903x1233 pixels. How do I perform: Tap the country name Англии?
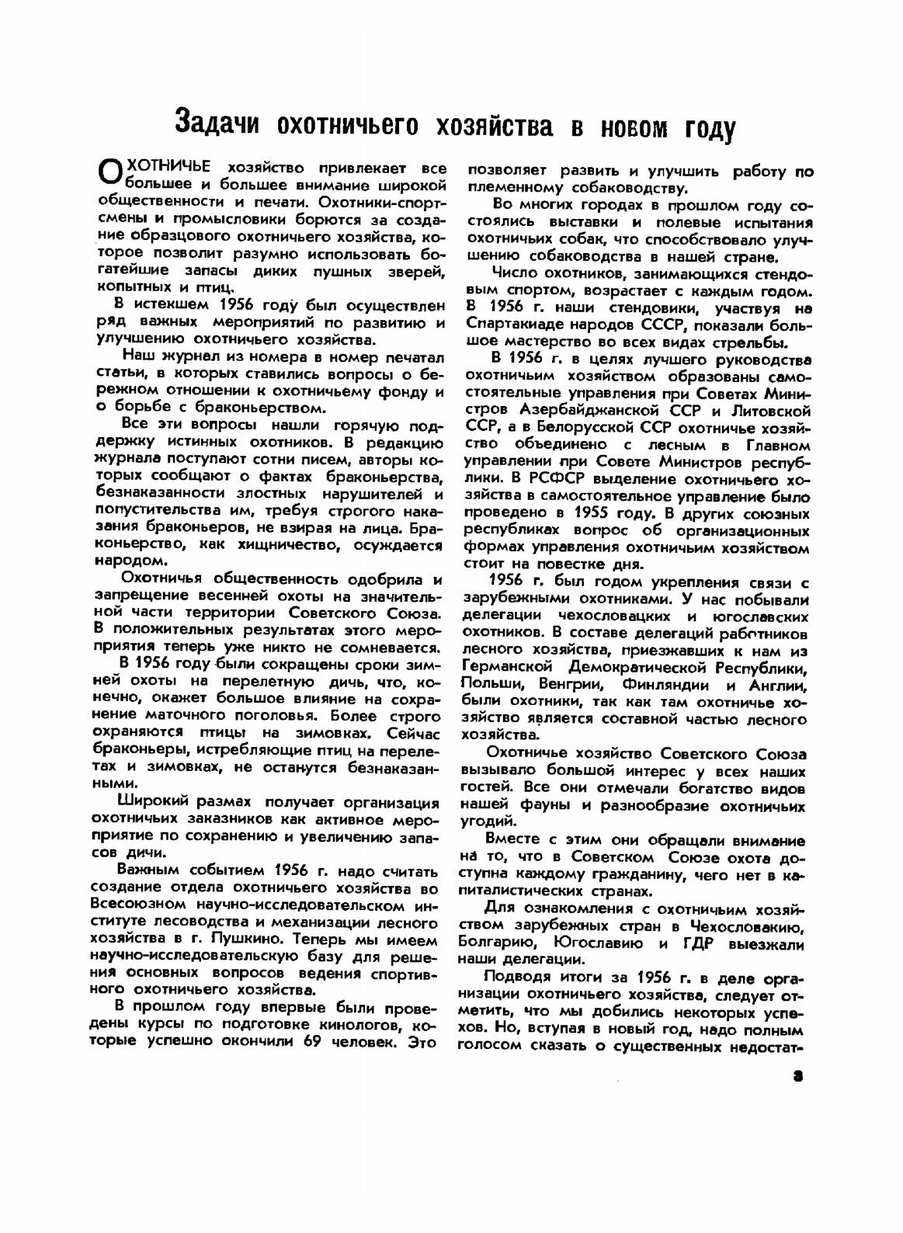pos(779,686)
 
